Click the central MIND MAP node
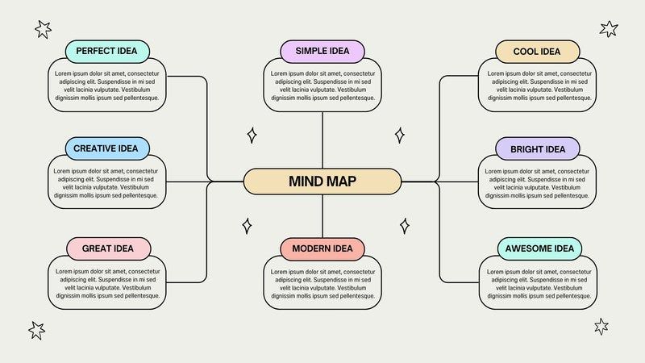[x=322, y=181]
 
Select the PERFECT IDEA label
[x=107, y=51]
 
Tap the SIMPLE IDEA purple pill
[x=322, y=51]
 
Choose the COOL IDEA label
[x=537, y=52]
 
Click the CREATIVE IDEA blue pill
[x=107, y=148]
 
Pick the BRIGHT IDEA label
[x=537, y=149]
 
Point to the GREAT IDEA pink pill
[x=108, y=248]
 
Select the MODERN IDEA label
[x=322, y=248]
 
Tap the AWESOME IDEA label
[x=539, y=248]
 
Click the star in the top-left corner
[x=43, y=29]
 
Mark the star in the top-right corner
[x=609, y=29]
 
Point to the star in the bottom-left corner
[x=36, y=331]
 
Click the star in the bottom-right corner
[x=601, y=327]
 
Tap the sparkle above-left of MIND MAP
[x=252, y=136]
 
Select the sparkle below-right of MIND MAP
[x=405, y=226]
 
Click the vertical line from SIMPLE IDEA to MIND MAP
[x=322, y=140]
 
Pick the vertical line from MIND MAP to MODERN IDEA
[x=322, y=216]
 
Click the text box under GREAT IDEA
[x=107, y=282]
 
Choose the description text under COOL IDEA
[x=539, y=86]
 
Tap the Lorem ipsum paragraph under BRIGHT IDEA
[x=537, y=183]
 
